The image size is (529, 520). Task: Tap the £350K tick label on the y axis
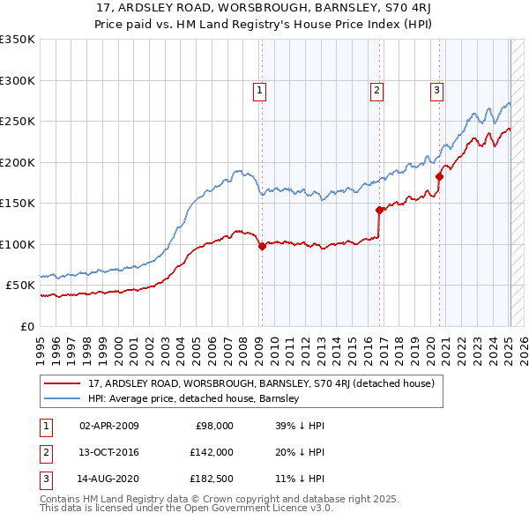(18, 40)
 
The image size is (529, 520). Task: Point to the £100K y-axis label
(18, 244)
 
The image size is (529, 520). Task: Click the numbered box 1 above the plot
(260, 88)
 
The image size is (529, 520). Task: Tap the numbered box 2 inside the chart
(376, 88)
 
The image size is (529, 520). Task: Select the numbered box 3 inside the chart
(436, 88)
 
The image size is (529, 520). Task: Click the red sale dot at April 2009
(262, 247)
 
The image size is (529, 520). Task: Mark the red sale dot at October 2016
(379, 210)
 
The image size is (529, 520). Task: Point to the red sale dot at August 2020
(438, 177)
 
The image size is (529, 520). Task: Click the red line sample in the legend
(62, 384)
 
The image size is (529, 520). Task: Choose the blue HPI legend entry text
(194, 398)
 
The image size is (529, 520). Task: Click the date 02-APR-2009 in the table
(109, 426)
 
